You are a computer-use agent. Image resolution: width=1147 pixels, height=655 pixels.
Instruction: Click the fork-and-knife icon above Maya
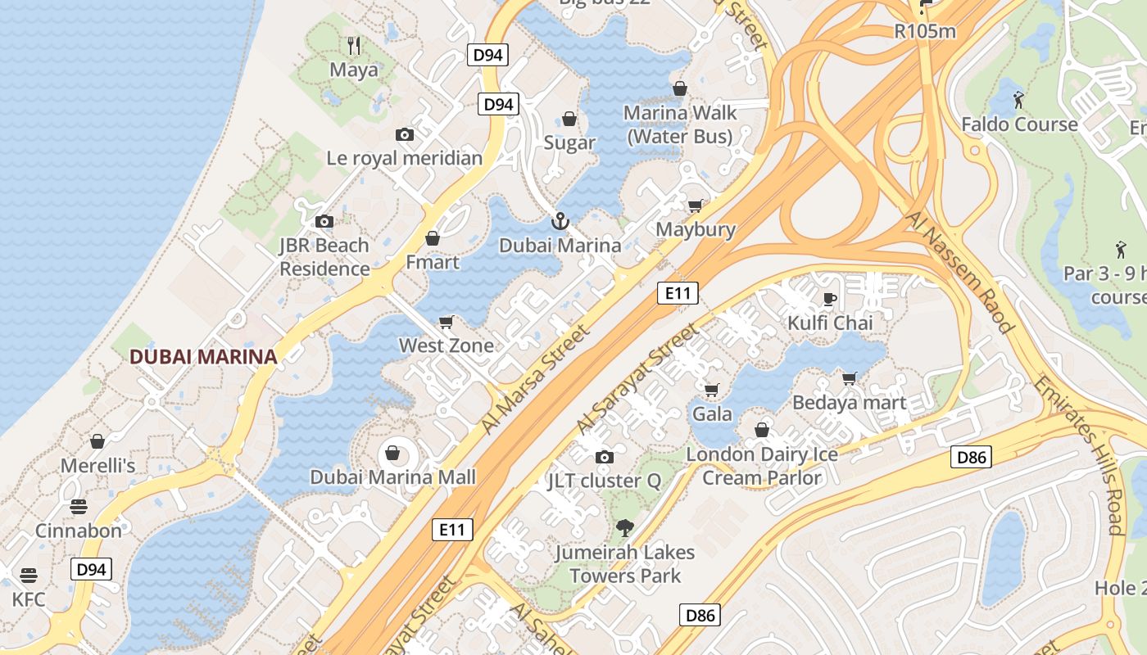pos(354,45)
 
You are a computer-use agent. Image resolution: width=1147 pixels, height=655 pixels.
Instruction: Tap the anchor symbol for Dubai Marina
pos(560,220)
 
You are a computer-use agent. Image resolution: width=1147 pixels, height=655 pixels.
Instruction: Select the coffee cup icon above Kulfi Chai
pos(829,299)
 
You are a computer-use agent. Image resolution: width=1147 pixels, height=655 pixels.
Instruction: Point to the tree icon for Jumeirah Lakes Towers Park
pos(624,528)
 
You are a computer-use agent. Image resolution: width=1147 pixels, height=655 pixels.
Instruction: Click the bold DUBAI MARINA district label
pos(203,357)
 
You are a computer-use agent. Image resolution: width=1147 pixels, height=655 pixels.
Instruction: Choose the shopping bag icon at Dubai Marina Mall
pos(392,453)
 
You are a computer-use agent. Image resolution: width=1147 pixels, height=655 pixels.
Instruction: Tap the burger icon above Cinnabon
pos(79,506)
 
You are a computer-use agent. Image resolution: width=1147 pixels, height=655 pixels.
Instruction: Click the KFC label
pos(29,599)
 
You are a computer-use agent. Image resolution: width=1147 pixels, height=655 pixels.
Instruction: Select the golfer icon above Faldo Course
pos(1018,100)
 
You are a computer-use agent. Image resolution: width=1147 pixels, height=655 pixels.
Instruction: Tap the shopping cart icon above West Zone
pos(447,322)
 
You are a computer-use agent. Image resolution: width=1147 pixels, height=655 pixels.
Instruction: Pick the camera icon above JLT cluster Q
pos(604,457)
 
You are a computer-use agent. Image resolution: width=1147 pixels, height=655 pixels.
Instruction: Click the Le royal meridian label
pos(405,158)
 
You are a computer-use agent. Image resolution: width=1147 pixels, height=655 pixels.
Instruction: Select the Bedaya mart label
pos(849,402)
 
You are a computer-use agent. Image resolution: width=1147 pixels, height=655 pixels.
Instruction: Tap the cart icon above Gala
pos(711,390)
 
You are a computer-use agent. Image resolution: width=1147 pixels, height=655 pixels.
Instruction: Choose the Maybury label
pos(696,229)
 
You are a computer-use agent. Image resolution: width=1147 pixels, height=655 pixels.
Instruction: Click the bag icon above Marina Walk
pos(680,88)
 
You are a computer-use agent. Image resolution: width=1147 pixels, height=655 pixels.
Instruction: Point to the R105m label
pos(925,31)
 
